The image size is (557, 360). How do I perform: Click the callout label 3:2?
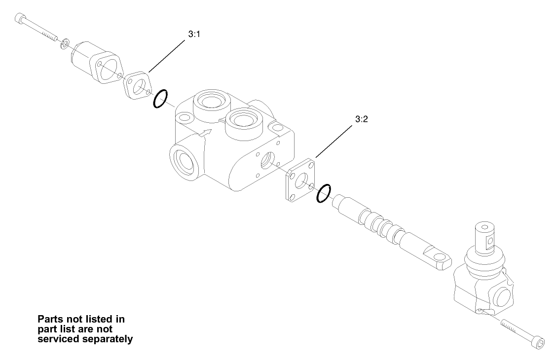point(362,119)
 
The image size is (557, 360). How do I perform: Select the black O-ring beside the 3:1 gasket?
point(161,99)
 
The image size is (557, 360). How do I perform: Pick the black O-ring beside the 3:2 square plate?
point(324,193)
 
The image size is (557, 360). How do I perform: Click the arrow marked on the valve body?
point(204,133)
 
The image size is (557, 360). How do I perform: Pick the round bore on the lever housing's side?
point(502,298)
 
